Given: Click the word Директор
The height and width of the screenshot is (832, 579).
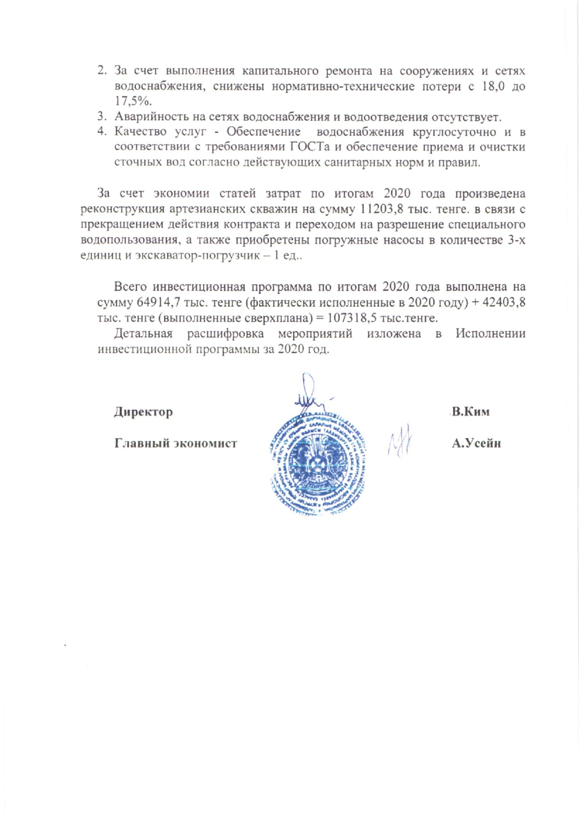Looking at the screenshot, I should click(143, 412).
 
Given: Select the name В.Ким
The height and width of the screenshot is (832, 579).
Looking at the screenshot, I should click(470, 412).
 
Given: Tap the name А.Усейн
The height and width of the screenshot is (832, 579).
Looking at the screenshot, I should click(476, 443).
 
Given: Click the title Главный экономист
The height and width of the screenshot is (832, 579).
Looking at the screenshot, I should click(176, 443).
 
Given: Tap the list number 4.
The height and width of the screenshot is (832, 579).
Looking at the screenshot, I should click(101, 132).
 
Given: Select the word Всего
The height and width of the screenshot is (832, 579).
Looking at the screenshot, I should click(130, 287).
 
